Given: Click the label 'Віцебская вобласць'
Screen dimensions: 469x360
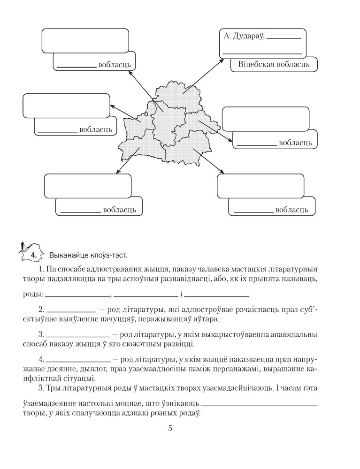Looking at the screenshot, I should [274, 64].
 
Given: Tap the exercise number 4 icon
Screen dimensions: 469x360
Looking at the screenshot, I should [32, 255].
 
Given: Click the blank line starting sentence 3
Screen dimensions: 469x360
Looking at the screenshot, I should [78, 335].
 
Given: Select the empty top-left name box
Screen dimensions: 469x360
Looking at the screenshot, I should [85, 40].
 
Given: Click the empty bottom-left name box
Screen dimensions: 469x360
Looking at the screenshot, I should [87, 186].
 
